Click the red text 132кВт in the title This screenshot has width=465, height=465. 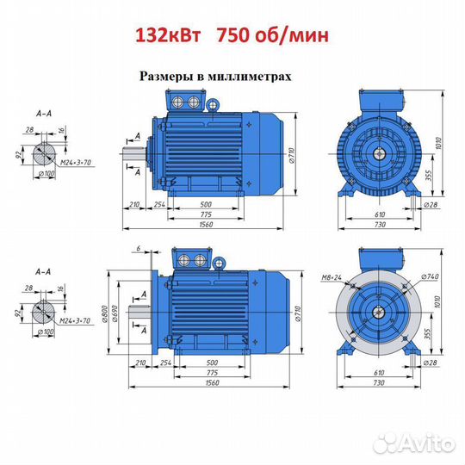coord(169,35)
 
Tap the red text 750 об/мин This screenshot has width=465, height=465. coord(273,35)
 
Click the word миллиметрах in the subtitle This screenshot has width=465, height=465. coord(249,77)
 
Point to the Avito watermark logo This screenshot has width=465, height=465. coord(414,444)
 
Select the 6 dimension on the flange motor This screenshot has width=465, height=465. coord(139,248)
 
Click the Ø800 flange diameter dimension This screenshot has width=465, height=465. coord(105,313)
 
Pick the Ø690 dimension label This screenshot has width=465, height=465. coord(115,313)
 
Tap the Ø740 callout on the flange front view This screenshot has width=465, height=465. coord(430,276)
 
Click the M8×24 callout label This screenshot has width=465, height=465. coord(332,277)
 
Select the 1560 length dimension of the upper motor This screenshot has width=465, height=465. coord(206,225)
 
